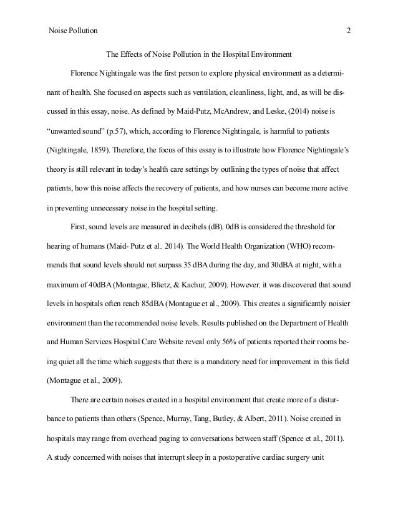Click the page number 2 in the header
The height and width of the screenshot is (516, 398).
coord(349,30)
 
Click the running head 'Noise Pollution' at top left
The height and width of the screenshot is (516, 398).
coord(73,30)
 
